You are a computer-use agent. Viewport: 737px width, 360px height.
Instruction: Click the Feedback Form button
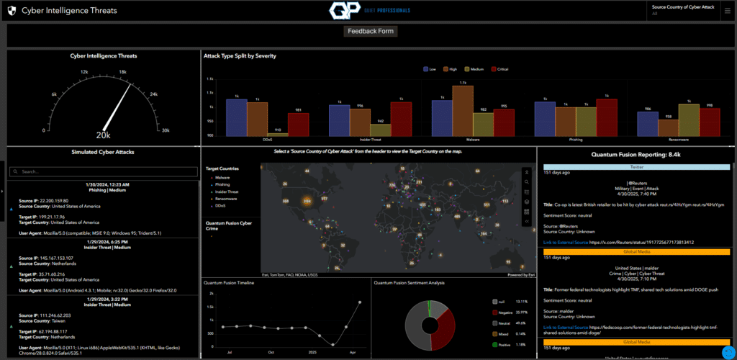(371, 32)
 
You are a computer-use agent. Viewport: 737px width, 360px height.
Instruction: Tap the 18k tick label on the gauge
(122, 72)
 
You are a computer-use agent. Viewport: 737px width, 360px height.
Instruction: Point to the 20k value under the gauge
(103, 135)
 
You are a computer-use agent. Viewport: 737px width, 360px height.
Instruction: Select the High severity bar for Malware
(463, 111)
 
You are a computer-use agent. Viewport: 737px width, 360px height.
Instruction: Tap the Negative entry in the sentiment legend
(504, 312)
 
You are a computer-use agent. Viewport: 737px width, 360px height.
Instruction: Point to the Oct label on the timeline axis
(271, 353)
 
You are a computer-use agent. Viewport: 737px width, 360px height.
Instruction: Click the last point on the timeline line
(360, 302)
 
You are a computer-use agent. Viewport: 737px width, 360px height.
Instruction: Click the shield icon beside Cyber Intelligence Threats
(12, 11)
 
